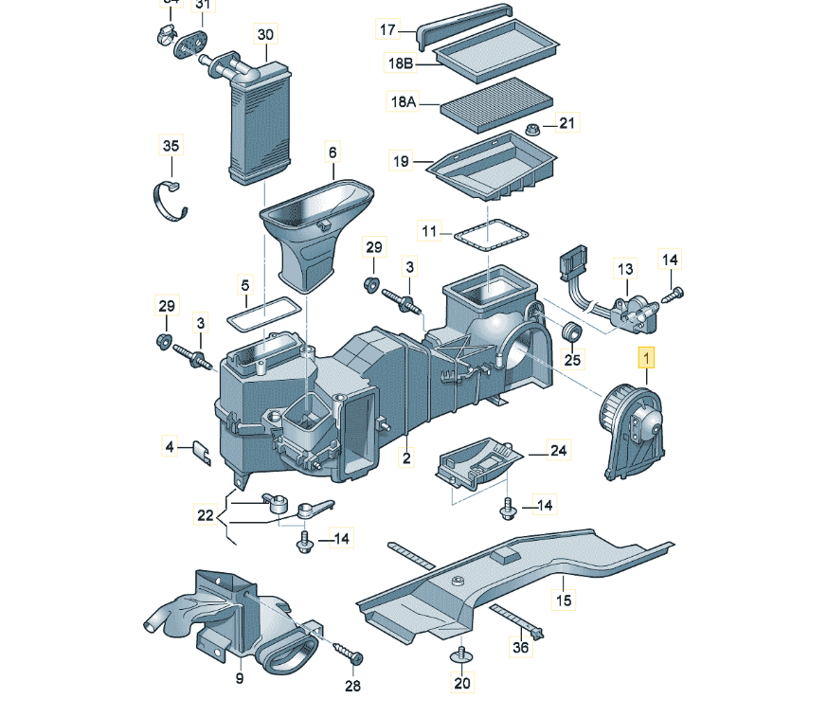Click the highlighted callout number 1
click(647, 360)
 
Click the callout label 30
click(265, 35)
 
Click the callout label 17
click(388, 29)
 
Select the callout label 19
click(402, 162)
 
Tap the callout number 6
click(333, 152)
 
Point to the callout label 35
click(171, 147)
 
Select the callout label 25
click(572, 361)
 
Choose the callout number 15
click(564, 600)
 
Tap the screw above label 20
click(461, 654)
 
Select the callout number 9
click(240, 678)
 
